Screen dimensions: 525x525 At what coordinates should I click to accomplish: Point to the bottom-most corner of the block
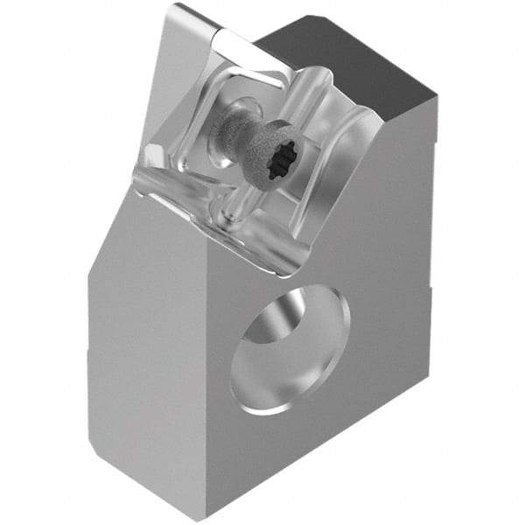click(x=204, y=520)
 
